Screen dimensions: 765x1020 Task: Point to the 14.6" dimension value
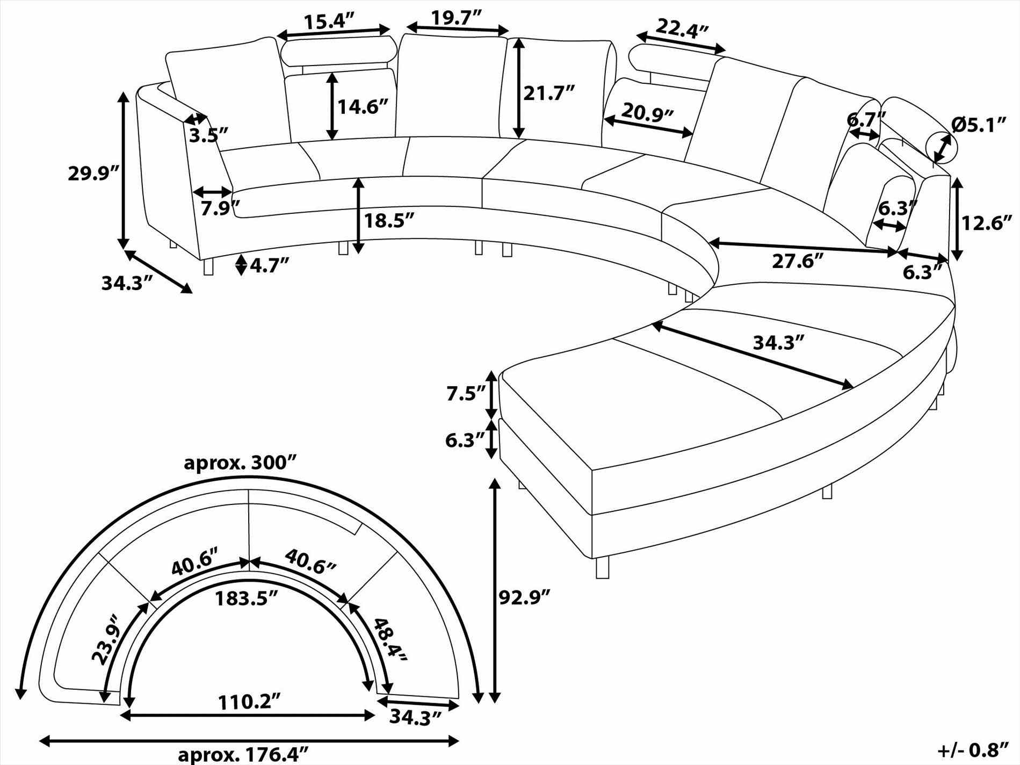(x=363, y=107)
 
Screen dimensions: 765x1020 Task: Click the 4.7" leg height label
(x=269, y=265)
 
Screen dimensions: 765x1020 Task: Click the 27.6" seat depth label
(x=798, y=262)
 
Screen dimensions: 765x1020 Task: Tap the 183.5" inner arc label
(x=247, y=598)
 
